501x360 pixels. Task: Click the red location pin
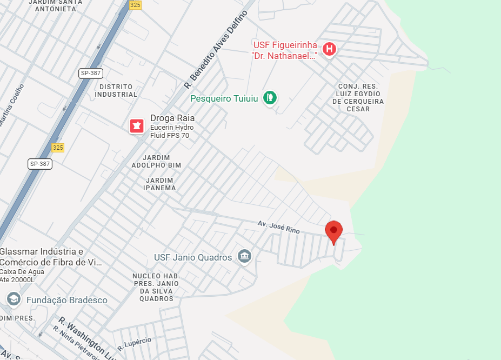coord(334,231)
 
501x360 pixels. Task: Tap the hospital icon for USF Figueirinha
coord(329,50)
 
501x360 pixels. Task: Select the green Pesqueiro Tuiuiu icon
coord(270,98)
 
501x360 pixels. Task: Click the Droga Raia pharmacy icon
coord(136,126)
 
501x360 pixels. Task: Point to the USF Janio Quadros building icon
coord(244,257)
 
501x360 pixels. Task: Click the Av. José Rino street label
coord(278,226)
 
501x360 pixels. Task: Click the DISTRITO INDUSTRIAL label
coord(116,91)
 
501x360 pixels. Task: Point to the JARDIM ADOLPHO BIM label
coord(156,161)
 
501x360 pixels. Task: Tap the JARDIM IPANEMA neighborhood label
coord(159,184)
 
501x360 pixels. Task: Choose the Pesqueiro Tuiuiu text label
coord(226,98)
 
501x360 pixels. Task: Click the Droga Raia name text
coord(172,118)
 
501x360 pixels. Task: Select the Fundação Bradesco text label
coord(67,300)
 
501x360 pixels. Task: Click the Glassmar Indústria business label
coord(51,257)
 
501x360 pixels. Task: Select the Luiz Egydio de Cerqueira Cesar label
coord(358,98)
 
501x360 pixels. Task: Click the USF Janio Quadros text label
coord(193,257)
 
